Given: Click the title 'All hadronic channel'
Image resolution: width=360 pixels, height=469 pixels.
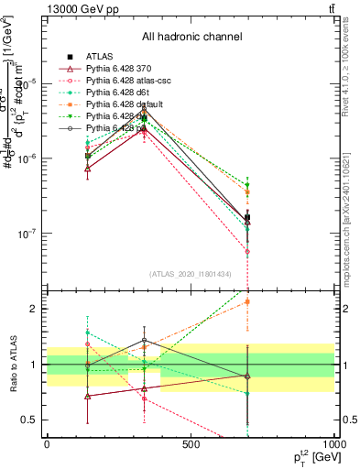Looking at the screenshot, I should [191, 37].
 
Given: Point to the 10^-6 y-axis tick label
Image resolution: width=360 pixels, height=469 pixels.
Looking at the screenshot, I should [27, 159].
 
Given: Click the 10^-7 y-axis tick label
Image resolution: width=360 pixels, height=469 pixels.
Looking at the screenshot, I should [27, 234].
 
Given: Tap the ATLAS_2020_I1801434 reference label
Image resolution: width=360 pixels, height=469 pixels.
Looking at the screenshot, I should [191, 275].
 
